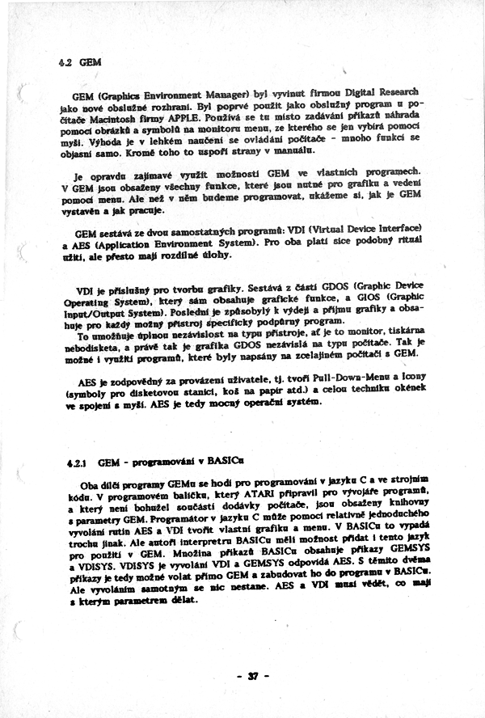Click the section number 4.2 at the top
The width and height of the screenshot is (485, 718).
tap(66, 62)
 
